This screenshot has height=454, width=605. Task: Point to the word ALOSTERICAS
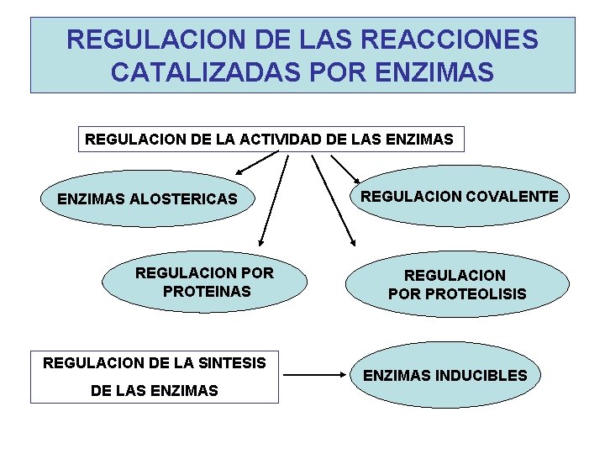[x=191, y=200]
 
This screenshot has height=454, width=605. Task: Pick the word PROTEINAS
[x=207, y=291]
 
